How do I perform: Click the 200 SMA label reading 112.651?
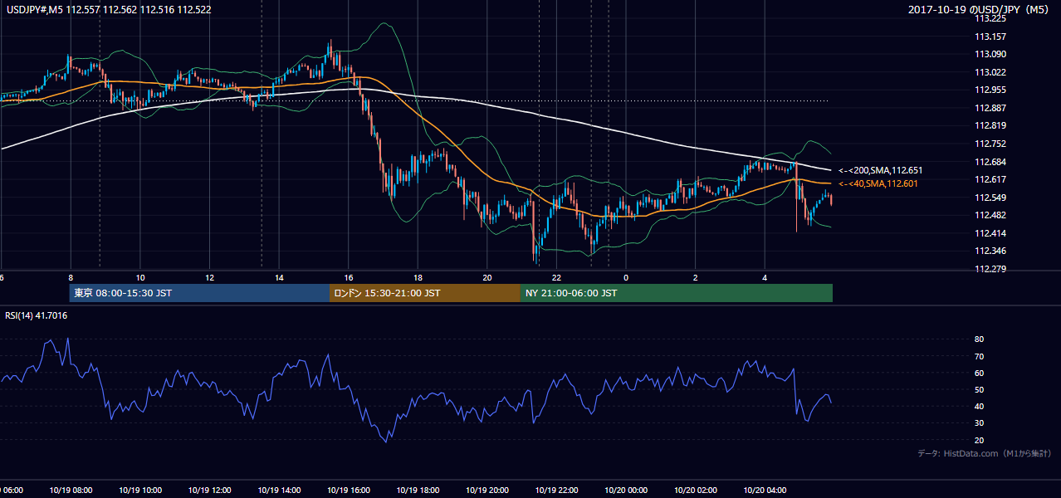point(881,170)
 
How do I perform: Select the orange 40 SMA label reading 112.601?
point(878,183)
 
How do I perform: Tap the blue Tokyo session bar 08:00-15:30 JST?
point(199,293)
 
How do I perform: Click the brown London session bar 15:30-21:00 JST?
point(425,293)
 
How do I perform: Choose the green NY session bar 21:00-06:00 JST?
point(677,293)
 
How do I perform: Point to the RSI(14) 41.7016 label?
point(36,315)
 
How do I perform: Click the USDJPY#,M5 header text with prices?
point(109,9)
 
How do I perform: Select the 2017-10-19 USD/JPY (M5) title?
point(978,9)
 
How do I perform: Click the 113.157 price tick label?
point(990,37)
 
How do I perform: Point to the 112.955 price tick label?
point(990,90)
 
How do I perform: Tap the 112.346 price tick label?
point(990,251)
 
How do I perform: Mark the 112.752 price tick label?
point(990,144)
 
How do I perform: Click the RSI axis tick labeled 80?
point(979,339)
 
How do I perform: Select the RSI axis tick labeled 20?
point(979,440)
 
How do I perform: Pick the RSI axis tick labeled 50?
point(979,389)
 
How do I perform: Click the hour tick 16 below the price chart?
point(349,278)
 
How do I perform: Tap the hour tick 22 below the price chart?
point(556,278)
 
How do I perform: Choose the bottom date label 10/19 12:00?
point(210,491)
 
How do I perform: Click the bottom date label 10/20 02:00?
point(696,491)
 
